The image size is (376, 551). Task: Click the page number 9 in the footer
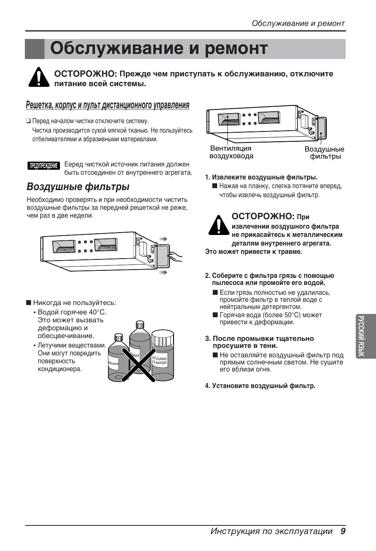pyautogui.click(x=343, y=531)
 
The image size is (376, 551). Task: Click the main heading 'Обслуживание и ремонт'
pyautogui.click(x=159, y=49)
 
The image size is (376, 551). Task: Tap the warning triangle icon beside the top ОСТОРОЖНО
pyautogui.click(x=39, y=77)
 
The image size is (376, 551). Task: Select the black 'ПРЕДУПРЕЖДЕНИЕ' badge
pyautogui.click(x=44, y=166)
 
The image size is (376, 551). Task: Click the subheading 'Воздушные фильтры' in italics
pyautogui.click(x=78, y=187)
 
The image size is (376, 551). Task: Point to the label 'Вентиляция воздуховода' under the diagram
pyautogui.click(x=231, y=152)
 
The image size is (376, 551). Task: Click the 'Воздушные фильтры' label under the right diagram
pyautogui.click(x=324, y=153)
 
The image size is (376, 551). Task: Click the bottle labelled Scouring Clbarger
pyautogui.click(x=162, y=356)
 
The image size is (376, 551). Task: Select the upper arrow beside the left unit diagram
pyautogui.click(x=163, y=239)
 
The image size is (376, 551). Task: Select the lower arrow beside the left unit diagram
pyautogui.click(x=163, y=272)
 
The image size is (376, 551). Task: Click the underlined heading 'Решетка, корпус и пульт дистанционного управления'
pyautogui.click(x=108, y=105)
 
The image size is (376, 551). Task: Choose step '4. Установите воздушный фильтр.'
pyautogui.click(x=260, y=386)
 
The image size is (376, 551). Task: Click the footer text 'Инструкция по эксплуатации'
pyautogui.click(x=272, y=531)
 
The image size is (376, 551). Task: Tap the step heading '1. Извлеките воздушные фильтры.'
pyautogui.click(x=261, y=178)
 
